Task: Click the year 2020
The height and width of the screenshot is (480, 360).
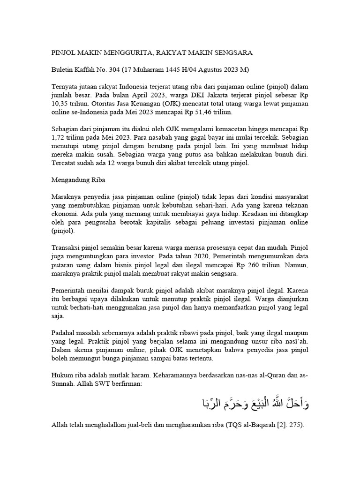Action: pyautogui.click(x=222, y=256)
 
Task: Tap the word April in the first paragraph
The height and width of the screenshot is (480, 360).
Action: pyautogui.click(x=128, y=96)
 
